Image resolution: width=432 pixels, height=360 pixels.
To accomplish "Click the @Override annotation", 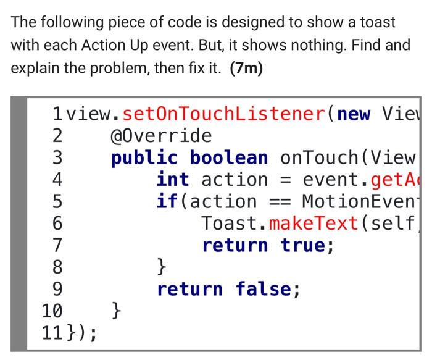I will click(161, 136).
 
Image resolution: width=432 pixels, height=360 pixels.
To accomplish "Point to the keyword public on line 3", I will click(144, 157).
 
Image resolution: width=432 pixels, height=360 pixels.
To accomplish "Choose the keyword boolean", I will click(229, 157).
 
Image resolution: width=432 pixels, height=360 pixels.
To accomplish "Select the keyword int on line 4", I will click(172, 180).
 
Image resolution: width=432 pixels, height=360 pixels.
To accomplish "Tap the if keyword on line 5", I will click(165, 201).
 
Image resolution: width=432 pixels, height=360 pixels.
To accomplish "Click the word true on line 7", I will click(304, 246).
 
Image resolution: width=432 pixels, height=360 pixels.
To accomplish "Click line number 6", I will click(56, 224).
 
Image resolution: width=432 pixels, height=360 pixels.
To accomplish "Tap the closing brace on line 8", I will click(161, 267).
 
